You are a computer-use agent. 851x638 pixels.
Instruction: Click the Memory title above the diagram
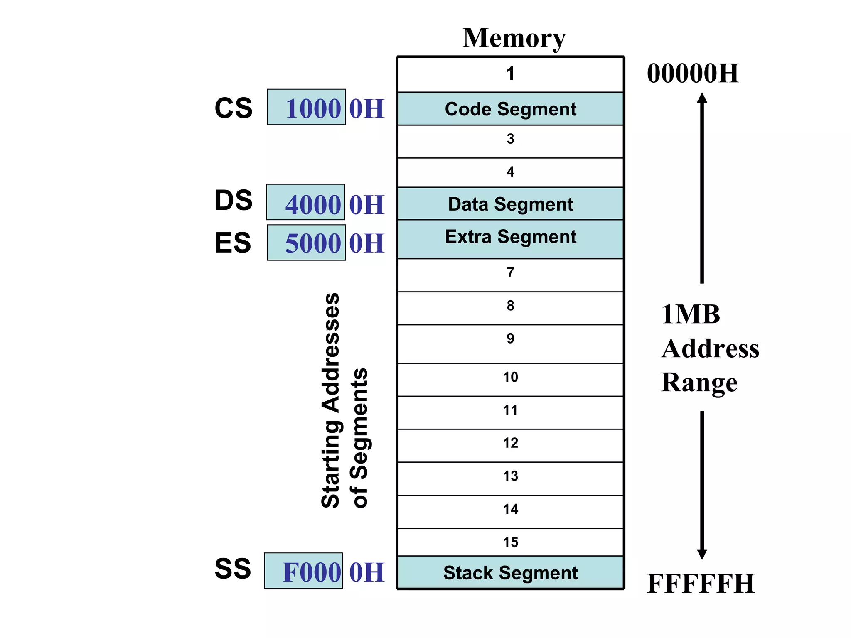[x=514, y=38]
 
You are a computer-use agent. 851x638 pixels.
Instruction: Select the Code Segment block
[x=510, y=109]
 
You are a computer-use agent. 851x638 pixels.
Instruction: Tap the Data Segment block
[x=510, y=204]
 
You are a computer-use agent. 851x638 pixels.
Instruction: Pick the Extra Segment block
[x=510, y=239]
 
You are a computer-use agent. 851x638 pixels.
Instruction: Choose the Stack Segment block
[x=510, y=572]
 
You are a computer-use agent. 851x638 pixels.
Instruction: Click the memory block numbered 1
[x=510, y=74]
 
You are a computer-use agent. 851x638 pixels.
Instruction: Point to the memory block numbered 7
[x=510, y=274]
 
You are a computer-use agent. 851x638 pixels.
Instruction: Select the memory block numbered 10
[x=510, y=379]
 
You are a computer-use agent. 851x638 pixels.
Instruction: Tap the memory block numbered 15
[x=510, y=542]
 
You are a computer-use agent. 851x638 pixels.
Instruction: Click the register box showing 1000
[x=306, y=107]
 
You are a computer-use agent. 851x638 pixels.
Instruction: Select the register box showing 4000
[x=305, y=202]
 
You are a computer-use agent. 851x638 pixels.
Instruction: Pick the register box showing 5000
[x=306, y=243]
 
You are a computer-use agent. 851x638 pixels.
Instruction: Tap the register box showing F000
[x=303, y=571]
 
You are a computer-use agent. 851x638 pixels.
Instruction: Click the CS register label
[x=233, y=108]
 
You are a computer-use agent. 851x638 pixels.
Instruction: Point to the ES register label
[x=233, y=243]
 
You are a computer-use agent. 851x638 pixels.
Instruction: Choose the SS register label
[x=233, y=568]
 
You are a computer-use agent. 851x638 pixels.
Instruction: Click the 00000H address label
[x=693, y=74]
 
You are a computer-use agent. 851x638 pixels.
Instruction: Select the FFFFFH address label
[x=701, y=584]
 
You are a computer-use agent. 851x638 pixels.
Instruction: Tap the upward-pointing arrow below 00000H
[x=702, y=187]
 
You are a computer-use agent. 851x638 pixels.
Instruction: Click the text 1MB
[x=690, y=314]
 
